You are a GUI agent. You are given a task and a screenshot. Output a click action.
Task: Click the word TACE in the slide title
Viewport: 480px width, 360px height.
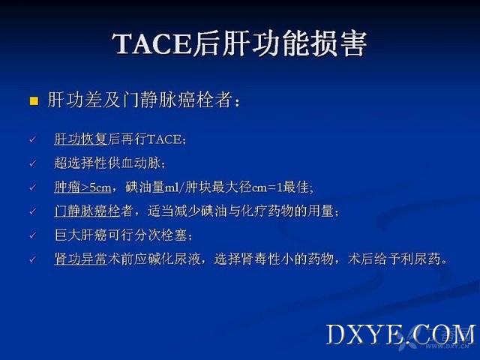coord(152,43)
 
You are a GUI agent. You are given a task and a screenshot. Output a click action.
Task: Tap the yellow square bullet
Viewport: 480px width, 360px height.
coord(34,101)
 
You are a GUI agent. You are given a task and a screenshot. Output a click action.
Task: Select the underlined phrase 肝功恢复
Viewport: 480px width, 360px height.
coord(81,139)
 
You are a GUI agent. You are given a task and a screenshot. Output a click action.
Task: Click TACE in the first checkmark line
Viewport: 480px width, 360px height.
coord(164,139)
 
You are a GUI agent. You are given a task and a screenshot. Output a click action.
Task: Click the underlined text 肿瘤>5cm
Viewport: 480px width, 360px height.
coord(82,187)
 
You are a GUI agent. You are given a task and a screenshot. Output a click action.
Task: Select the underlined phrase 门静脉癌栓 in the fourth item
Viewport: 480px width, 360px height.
coord(88,211)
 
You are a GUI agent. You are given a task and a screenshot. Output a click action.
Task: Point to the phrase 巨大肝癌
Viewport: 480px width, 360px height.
coord(81,235)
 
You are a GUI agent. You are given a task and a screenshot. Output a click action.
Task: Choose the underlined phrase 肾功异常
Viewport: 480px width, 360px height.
coord(81,259)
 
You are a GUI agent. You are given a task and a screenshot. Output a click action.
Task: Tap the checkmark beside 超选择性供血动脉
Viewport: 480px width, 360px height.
coord(33,163)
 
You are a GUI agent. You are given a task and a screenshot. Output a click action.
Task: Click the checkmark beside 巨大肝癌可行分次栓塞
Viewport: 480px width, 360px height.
coord(33,235)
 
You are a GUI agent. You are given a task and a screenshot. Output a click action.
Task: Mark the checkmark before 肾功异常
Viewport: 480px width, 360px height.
coord(33,259)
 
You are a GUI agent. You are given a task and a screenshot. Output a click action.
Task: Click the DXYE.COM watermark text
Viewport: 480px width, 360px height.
coord(401,334)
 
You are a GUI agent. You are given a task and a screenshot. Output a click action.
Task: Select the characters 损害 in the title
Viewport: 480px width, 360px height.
coord(339,43)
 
